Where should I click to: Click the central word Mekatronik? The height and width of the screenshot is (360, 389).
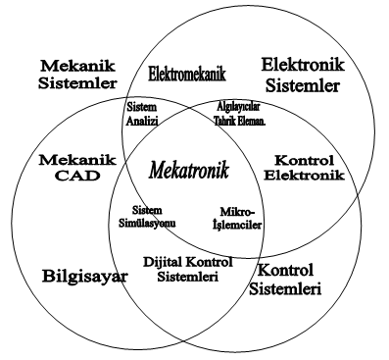[x=189, y=171]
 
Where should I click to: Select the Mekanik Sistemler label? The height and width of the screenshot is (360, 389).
[x=76, y=74]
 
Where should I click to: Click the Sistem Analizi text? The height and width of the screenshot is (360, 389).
[x=142, y=116]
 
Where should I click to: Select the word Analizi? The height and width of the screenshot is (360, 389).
[x=142, y=122]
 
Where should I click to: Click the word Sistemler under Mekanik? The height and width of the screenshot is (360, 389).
[x=76, y=82]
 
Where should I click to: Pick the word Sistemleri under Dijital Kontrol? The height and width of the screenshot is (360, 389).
[x=185, y=279]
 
